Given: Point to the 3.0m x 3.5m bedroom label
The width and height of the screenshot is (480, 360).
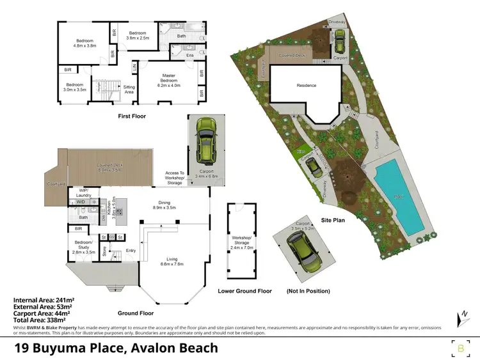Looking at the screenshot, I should pos(74,87).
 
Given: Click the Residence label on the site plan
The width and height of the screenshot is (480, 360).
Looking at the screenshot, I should pos(307,85).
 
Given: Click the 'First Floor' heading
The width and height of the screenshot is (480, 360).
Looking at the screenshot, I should pos(132,116).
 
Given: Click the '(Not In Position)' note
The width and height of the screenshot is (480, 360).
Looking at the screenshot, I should pos(308,291).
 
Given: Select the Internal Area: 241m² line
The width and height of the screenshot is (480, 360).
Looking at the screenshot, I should pos(43,299).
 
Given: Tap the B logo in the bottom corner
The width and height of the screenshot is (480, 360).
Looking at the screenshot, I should pos(461,348).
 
